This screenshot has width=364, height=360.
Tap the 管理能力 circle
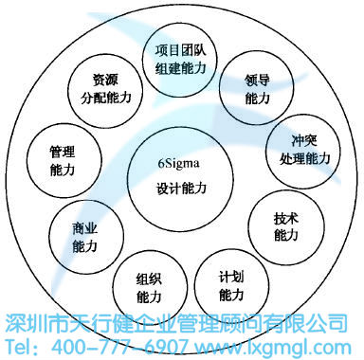click(x=63, y=158)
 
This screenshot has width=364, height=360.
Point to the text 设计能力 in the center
click(x=181, y=189)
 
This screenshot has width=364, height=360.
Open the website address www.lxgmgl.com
click(x=282, y=344)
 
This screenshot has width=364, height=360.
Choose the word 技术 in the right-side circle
click(x=285, y=217)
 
